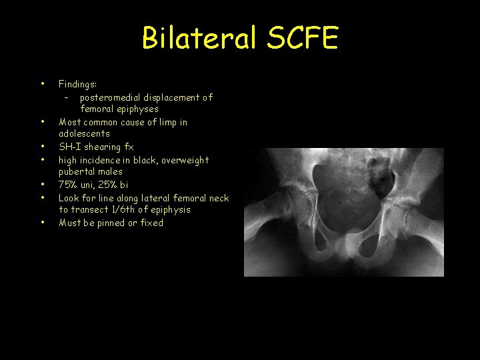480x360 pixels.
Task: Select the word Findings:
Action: [x=77, y=85]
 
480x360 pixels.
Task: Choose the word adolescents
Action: [x=84, y=134]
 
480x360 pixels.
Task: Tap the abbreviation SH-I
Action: [x=69, y=147]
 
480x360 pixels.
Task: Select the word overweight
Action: [x=185, y=160]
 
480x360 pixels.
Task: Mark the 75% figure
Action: [x=67, y=185]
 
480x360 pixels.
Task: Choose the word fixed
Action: [x=151, y=223]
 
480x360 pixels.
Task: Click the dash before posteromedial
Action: [x=66, y=97]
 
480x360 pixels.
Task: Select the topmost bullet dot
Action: [x=42, y=84]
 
